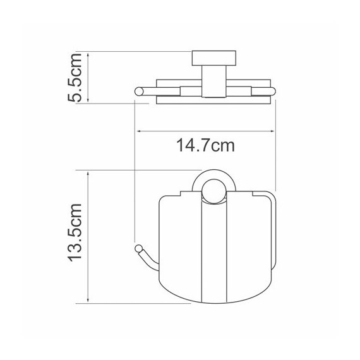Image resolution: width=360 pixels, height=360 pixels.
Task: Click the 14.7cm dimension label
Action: [x=205, y=145]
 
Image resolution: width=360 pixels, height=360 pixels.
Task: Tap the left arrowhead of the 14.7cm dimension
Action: [x=139, y=131]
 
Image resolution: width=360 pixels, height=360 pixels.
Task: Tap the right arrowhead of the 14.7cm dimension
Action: [x=272, y=131]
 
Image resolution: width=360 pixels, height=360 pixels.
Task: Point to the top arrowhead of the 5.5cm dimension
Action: [x=88, y=54]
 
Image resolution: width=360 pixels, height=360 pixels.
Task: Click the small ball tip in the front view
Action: [x=138, y=249]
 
